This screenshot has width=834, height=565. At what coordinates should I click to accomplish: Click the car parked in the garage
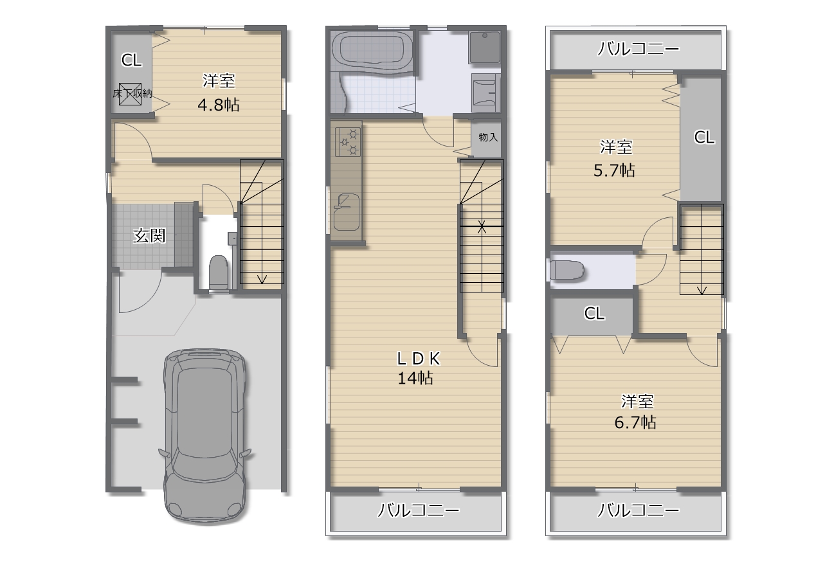(204, 435)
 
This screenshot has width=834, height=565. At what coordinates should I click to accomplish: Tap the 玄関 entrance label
(149, 236)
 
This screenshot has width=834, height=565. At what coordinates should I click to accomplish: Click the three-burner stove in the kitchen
(348, 142)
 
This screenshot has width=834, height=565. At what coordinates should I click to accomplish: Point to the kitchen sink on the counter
(346, 213)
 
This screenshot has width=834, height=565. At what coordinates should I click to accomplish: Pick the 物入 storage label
(488, 138)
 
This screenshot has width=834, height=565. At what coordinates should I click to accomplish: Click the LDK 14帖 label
(418, 368)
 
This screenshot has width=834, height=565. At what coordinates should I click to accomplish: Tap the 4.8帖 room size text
(218, 105)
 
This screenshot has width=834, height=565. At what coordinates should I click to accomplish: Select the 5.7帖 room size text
(614, 170)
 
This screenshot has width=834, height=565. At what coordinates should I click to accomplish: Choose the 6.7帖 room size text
(635, 422)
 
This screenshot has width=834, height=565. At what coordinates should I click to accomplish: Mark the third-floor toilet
(567, 270)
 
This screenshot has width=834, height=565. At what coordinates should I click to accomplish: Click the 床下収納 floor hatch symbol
(130, 94)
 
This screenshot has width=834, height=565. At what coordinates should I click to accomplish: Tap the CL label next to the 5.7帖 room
(704, 138)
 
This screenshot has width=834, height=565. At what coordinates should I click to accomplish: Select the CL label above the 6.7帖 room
(594, 314)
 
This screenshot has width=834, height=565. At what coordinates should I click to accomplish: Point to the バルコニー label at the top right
(638, 49)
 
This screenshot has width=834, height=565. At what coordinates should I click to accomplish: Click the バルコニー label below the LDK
(418, 510)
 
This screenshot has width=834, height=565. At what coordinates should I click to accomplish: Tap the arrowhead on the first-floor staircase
(262, 279)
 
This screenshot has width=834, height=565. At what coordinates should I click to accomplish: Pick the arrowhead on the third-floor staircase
(702, 291)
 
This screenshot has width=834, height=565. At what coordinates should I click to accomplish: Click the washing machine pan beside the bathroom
(484, 48)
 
